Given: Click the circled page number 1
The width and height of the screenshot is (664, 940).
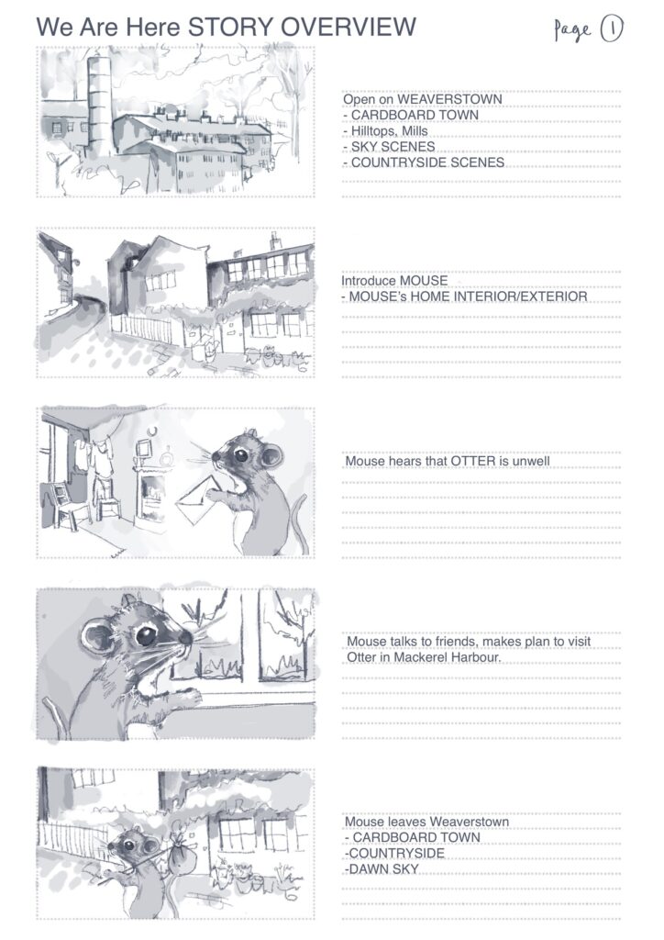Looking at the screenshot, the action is [612, 28].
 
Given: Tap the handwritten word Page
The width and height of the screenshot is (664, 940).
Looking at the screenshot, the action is [572, 30].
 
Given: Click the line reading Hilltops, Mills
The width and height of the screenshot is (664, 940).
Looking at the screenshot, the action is [385, 130].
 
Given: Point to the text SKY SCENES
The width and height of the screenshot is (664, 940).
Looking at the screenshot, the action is [393, 146].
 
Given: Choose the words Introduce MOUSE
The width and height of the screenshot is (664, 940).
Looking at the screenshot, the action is [394, 281].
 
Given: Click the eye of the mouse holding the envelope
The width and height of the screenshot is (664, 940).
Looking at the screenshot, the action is [240, 455].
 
